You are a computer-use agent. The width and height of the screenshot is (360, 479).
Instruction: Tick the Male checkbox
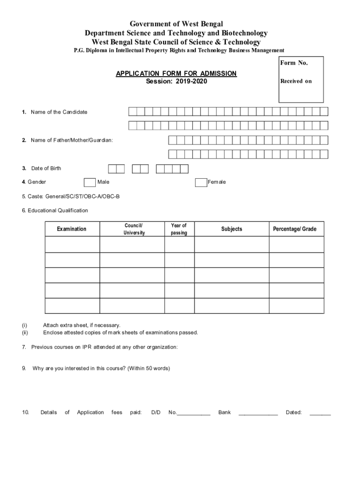pos(90,182)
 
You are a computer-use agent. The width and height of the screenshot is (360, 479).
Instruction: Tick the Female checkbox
pos(201,182)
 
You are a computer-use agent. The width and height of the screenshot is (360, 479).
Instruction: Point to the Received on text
pos(295,81)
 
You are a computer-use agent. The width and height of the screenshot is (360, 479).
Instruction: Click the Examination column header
pos(72,229)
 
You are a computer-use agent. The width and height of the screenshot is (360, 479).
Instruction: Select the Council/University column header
pos(134,229)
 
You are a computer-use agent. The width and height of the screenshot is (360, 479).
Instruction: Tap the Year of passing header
pos(179,229)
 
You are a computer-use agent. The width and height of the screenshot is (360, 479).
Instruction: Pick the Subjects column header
pos(231,229)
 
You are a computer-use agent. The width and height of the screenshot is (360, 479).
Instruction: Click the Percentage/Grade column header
pos(295,229)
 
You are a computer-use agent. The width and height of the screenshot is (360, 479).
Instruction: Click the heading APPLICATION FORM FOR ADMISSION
pos(176,73)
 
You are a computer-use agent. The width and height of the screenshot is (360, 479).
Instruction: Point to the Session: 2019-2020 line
pos(176,81)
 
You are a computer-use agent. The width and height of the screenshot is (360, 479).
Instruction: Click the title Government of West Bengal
pos(176,23)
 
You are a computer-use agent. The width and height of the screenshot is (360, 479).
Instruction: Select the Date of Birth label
pos(46,168)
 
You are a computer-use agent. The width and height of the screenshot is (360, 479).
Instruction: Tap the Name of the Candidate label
pos(59,112)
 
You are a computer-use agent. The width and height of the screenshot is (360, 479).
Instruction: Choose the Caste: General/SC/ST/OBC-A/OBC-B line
pos(71,196)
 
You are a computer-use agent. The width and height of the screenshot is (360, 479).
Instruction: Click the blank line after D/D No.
pos(194,414)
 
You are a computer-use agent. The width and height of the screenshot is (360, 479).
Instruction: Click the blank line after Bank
pos(258,414)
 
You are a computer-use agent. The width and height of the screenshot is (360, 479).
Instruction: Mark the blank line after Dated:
pos(320,414)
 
